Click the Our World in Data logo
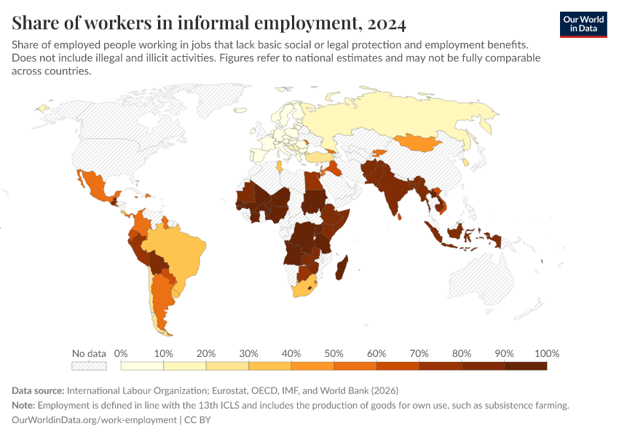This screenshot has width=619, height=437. [583, 24]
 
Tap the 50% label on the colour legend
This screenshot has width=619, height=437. [334, 353]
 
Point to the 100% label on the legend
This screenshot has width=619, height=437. [546, 353]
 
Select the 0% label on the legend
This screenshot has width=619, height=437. [122, 353]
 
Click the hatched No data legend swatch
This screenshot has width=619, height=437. [89, 366]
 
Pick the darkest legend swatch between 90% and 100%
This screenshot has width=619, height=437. [525, 366]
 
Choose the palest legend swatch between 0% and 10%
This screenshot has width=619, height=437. [142, 366]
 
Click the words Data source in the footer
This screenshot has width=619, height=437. [38, 390]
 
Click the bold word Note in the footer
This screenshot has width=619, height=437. [24, 405]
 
